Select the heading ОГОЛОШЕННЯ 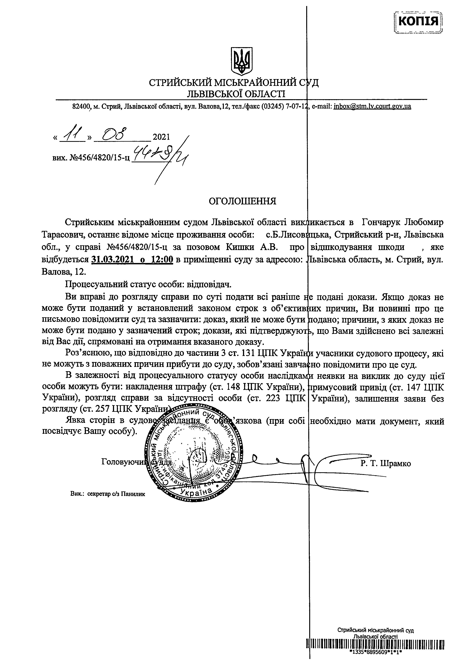tap(243, 201)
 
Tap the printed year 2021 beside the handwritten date tap(161, 137)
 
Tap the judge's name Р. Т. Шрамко tap(386, 463)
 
